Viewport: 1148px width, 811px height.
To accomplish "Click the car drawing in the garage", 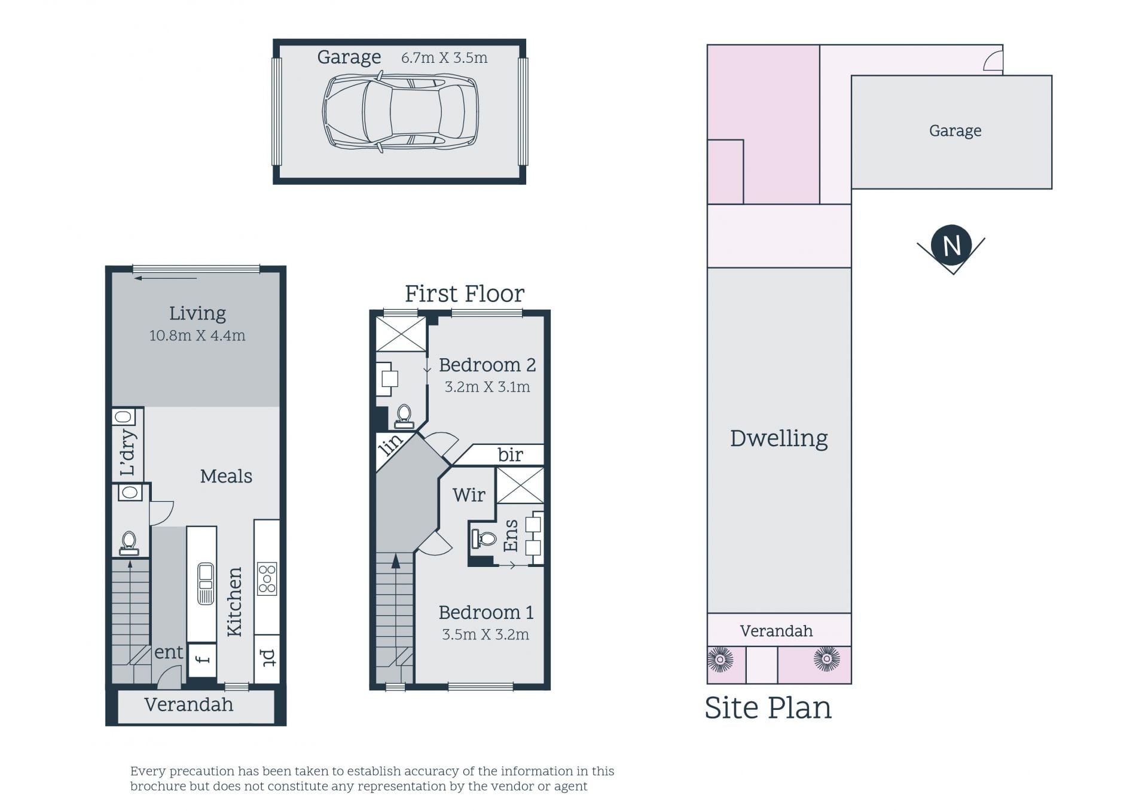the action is [x=401, y=112].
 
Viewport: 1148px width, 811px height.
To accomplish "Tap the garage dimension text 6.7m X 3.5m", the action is [x=444, y=58].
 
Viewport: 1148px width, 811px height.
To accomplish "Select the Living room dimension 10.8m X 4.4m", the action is [x=197, y=336].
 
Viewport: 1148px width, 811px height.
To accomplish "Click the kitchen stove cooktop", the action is [x=267, y=578].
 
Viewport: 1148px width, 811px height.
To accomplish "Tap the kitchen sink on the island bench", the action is [x=206, y=583].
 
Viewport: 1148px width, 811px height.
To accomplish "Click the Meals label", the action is [x=226, y=476].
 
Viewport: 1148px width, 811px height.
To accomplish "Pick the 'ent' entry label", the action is [x=169, y=653].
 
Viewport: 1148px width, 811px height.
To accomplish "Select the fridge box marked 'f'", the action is [x=202, y=660].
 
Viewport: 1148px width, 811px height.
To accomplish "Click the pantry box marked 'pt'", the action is [x=267, y=658].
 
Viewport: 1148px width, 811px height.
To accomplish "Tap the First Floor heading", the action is [x=465, y=294].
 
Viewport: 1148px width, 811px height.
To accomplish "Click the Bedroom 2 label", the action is [x=487, y=365].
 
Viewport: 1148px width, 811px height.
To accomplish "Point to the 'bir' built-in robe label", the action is [x=511, y=455].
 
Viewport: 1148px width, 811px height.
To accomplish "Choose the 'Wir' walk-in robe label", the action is [x=469, y=495].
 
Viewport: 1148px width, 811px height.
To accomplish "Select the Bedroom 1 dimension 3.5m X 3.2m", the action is [x=486, y=635].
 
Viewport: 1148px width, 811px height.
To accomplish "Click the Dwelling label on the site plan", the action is [x=779, y=438].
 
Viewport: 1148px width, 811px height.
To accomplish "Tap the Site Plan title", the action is [x=768, y=708].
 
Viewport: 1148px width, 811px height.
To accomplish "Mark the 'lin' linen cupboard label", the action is [x=390, y=446].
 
